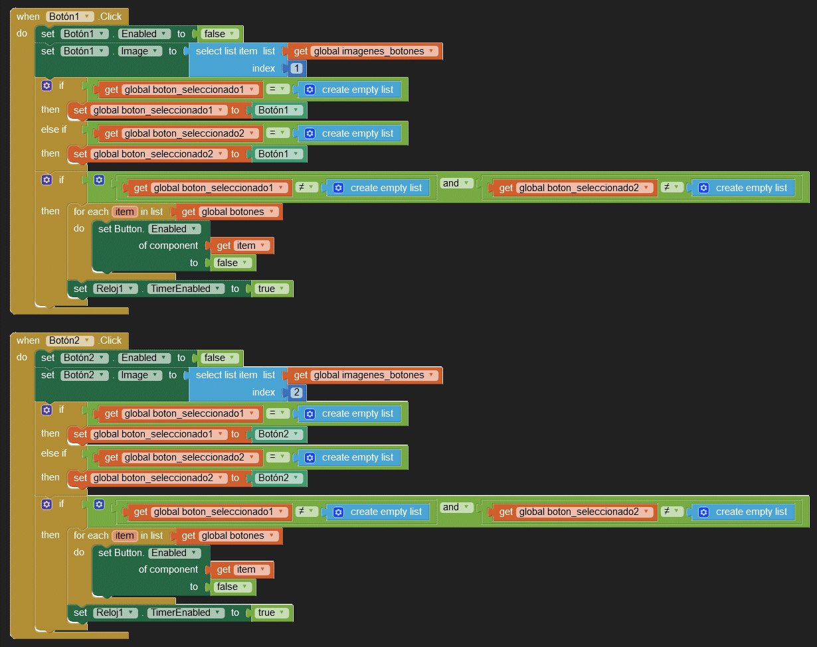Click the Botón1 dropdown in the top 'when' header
70,16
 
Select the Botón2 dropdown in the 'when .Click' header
70,340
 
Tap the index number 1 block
296,68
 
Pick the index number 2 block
296,392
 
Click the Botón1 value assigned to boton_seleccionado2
280,154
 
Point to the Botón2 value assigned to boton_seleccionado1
280,434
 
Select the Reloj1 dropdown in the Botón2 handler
115,612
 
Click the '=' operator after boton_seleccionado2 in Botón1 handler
278,133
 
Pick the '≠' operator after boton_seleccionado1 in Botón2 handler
306,512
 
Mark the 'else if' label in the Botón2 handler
54,453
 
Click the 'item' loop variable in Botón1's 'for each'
125,212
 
